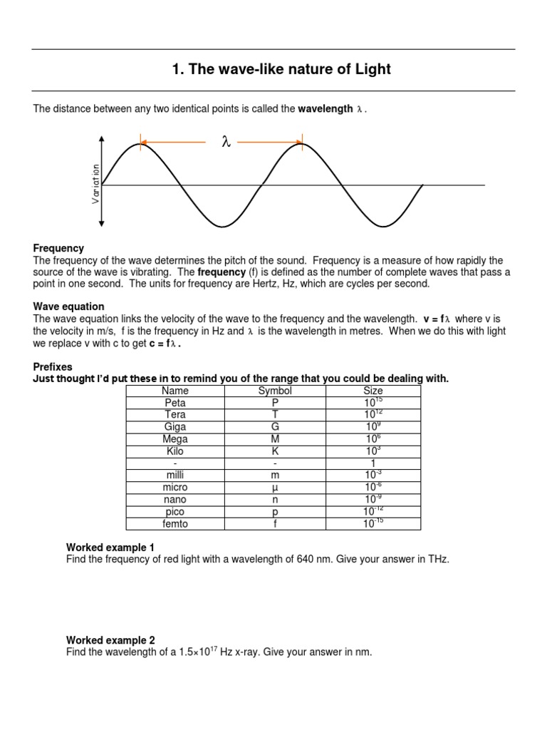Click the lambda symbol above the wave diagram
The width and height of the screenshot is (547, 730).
226,143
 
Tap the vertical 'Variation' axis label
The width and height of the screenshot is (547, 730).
95,184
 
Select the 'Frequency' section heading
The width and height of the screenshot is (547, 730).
58,248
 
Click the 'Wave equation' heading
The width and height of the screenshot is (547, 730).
68,306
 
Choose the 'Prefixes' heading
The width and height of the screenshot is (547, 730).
53,366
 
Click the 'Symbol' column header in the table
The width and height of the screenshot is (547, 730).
275,391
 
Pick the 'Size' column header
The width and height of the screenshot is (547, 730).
373,391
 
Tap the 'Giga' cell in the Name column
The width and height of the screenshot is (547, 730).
174,427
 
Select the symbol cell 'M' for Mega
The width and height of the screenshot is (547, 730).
275,439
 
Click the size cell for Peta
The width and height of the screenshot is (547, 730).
373,403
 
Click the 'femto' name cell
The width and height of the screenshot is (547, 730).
174,524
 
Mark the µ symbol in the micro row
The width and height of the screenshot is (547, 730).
275,488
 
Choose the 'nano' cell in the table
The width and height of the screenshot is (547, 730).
174,500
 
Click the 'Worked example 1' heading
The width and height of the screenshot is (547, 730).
110,547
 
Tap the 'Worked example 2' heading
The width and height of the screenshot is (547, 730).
110,639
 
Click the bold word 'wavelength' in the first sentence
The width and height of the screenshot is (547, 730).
325,108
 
